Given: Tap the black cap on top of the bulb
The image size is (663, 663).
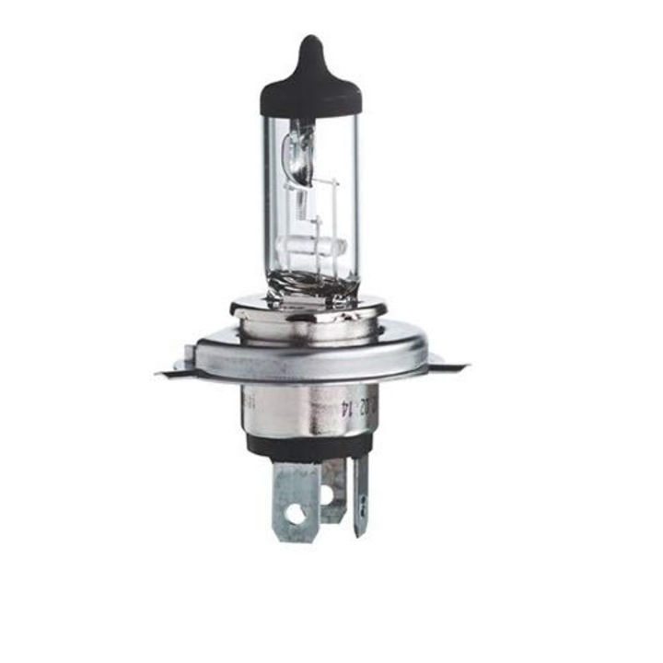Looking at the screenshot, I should (x=309, y=87).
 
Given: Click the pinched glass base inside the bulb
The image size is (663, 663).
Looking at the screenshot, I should (x=308, y=281).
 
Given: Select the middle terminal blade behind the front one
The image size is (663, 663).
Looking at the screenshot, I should (x=332, y=488).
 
